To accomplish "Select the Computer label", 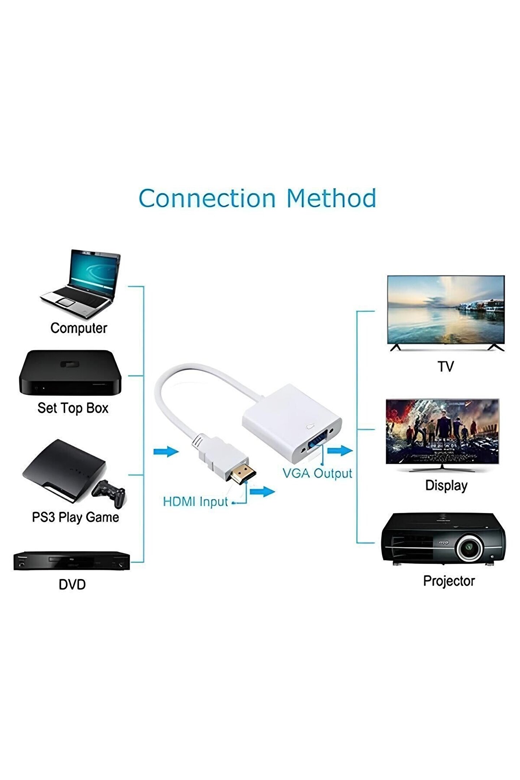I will pyautogui.click(x=79, y=328).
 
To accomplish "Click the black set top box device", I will pyautogui.click(x=70, y=373).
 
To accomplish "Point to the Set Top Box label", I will pyautogui.click(x=73, y=408).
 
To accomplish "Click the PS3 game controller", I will pyautogui.click(x=109, y=493).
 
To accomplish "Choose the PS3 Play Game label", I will pyautogui.click(x=75, y=517).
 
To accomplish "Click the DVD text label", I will pyautogui.click(x=72, y=584).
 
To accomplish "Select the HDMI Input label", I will pyautogui.click(x=195, y=502).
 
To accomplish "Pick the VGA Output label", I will pyautogui.click(x=317, y=473).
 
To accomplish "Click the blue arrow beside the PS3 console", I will pyautogui.click(x=166, y=451).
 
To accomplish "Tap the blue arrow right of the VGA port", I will pyautogui.click(x=339, y=450).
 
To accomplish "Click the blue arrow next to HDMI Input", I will pyautogui.click(x=262, y=491).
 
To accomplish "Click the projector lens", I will pyautogui.click(x=469, y=548).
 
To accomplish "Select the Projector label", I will pyautogui.click(x=449, y=581).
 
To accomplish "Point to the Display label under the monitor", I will pyautogui.click(x=446, y=485).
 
